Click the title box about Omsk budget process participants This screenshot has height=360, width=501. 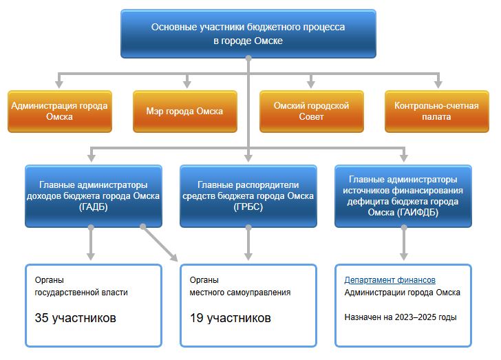[x=248, y=34]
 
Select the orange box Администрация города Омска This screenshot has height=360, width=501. [x=60, y=112]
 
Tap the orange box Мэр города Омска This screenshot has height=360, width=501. [x=185, y=112]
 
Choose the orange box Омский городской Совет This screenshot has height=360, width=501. [x=312, y=112]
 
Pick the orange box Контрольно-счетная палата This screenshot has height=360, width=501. [x=437, y=112]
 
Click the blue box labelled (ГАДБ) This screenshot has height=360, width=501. [x=94, y=196]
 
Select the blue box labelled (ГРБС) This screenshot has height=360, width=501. [x=248, y=196]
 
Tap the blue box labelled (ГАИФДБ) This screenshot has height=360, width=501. [x=403, y=196]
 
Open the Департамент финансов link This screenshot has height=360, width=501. [x=390, y=280]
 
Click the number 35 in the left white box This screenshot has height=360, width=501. [x=41, y=318]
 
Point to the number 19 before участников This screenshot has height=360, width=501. [x=197, y=318]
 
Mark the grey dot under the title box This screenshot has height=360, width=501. [x=248, y=59]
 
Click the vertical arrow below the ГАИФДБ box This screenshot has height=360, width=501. [x=404, y=242]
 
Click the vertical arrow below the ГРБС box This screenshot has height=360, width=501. [x=248, y=242]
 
